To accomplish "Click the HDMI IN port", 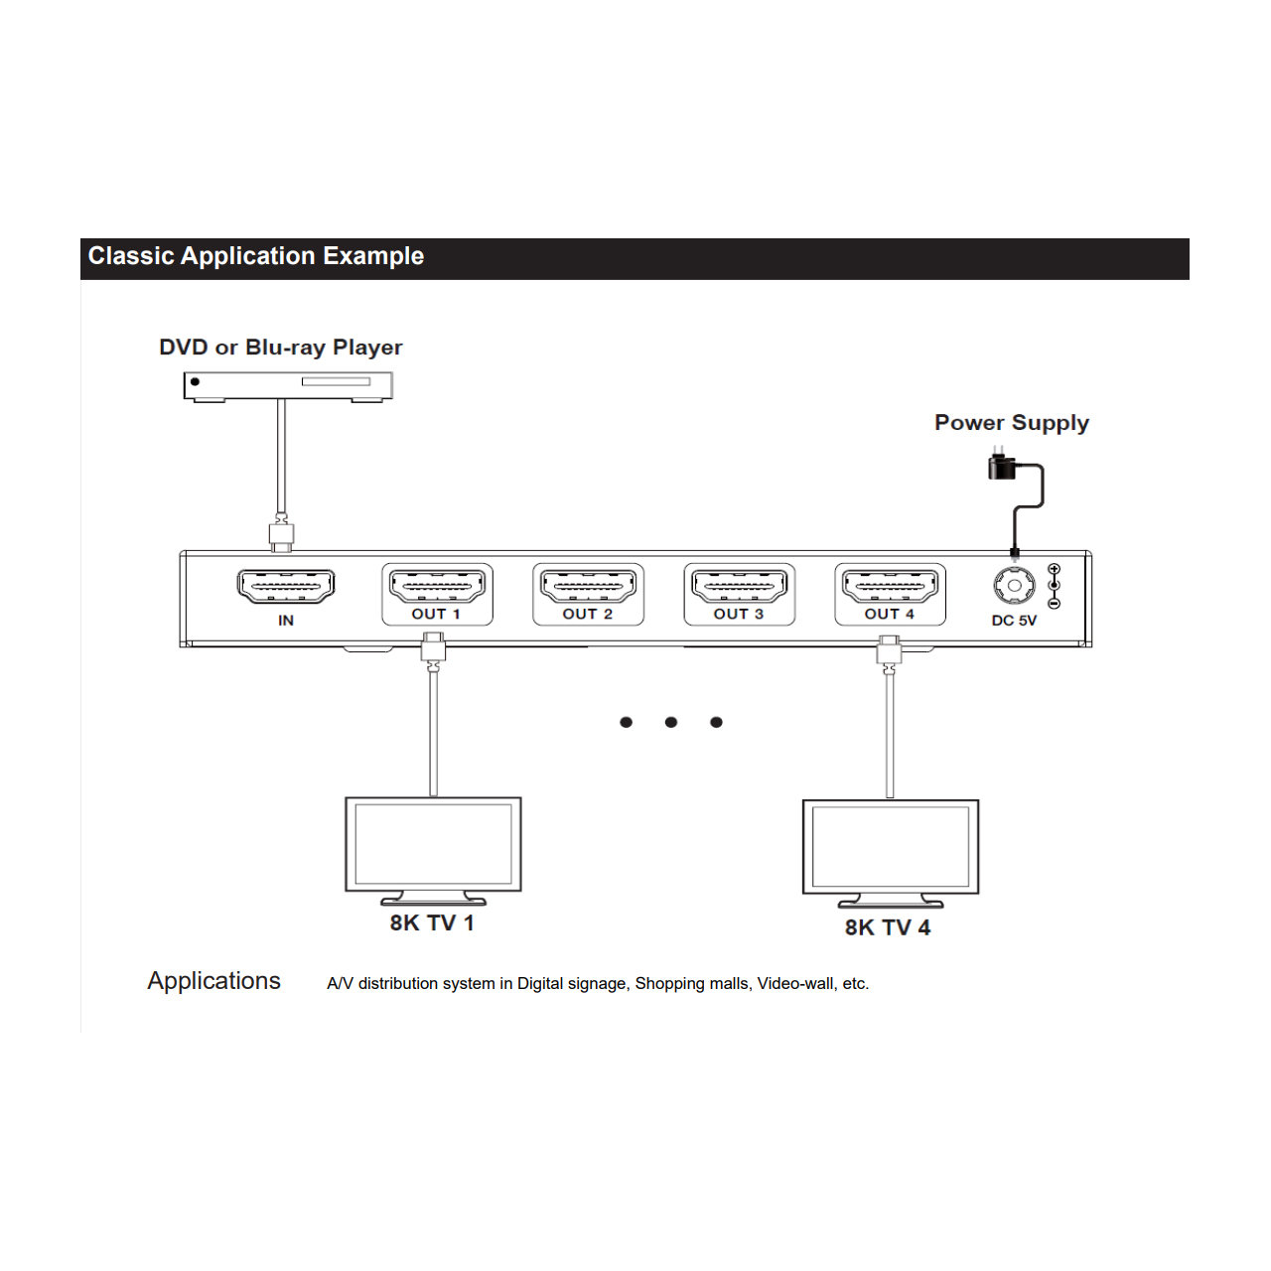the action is coord(286,586).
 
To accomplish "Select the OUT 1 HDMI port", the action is coord(437,585).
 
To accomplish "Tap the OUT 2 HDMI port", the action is coord(588,585).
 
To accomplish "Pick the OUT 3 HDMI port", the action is coord(739,585).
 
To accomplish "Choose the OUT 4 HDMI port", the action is coord(890,585).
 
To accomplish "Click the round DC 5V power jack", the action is coord(1014,585).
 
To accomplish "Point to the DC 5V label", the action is coord(1014,620).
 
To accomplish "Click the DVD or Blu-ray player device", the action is coord(288,386).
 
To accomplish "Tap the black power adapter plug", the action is coord(1002,465).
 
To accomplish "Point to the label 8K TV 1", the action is coord(432,922).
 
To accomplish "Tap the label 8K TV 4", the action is coord(888,927).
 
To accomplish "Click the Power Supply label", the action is coord(1011,423).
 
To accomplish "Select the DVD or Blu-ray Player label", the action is coord(280,348).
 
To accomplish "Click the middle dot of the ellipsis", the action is coord(671,722).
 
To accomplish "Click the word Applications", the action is coord(213,981).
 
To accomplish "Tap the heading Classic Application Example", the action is coord(256,256).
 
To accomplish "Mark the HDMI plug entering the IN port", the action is coord(282,535).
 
